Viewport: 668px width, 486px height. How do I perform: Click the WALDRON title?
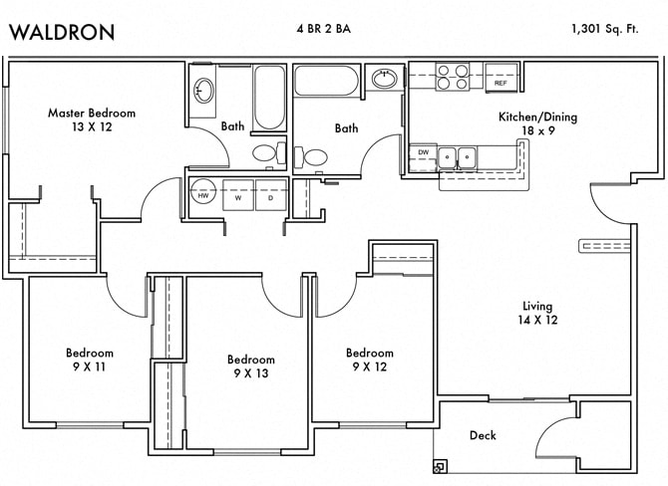point(62,32)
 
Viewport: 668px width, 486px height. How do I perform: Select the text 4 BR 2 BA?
point(324,29)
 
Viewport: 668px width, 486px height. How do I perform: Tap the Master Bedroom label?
point(92,113)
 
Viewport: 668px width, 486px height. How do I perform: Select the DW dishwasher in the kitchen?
point(423,153)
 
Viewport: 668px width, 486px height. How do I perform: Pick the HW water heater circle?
point(204,195)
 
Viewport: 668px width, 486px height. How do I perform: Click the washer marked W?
point(239,196)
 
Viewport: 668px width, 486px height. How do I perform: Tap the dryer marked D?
point(270,196)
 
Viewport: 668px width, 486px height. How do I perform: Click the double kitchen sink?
point(459,155)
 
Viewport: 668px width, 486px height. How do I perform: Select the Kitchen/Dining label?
point(537,117)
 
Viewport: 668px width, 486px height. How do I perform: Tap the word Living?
point(537,306)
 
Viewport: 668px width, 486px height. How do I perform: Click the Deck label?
point(483,435)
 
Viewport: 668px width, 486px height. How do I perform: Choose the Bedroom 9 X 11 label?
point(90,360)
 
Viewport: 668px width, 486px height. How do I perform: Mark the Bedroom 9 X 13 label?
point(250,365)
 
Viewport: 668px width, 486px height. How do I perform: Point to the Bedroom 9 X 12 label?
point(369,360)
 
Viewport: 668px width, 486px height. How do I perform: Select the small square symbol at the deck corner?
point(440,466)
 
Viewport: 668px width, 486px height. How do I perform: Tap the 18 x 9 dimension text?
point(537,130)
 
